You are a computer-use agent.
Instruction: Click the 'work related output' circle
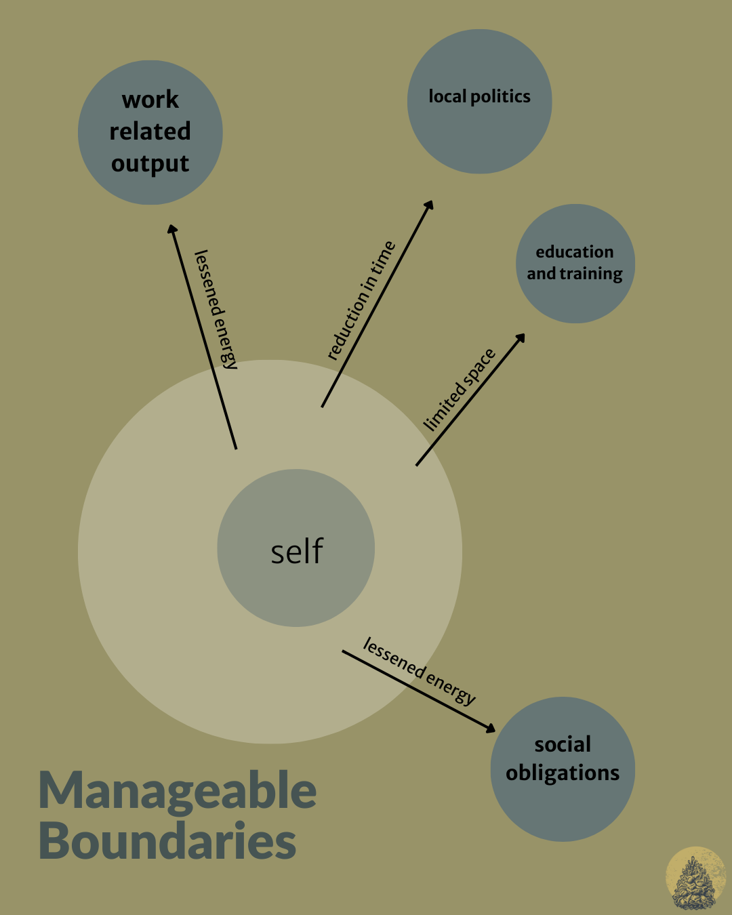pyautogui.click(x=150, y=132)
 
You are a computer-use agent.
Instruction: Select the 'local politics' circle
pyautogui.click(x=479, y=101)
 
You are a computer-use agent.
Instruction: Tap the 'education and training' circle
pyautogui.click(x=575, y=264)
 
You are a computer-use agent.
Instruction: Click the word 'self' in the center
pyautogui.click(x=297, y=551)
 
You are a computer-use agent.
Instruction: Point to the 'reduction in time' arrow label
pyautogui.click(x=361, y=301)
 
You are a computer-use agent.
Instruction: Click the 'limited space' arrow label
pyautogui.click(x=460, y=390)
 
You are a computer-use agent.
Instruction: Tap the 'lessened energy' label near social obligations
pyautogui.click(x=419, y=672)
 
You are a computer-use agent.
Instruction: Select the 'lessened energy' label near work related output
pyautogui.click(x=216, y=310)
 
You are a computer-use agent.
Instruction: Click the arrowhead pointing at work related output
pyautogui.click(x=171, y=229)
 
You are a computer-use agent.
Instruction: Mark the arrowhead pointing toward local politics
pyautogui.click(x=429, y=205)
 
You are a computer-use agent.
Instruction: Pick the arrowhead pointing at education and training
pyautogui.click(x=521, y=338)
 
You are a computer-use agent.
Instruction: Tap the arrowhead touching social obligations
pyautogui.click(x=491, y=729)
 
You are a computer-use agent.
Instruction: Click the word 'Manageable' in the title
pyautogui.click(x=178, y=791)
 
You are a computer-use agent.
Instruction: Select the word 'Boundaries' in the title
pyautogui.click(x=167, y=841)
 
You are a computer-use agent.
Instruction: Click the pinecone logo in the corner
pyautogui.click(x=696, y=878)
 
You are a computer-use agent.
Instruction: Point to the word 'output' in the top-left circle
pyautogui.click(x=150, y=164)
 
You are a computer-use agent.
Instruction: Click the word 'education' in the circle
pyautogui.click(x=575, y=252)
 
